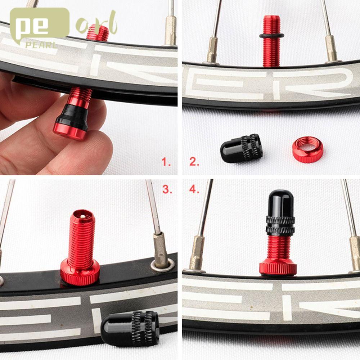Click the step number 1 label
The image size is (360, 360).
(166, 162)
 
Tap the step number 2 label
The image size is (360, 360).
(194, 162)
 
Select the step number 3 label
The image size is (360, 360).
(167, 190)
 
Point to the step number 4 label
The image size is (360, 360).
(194, 190)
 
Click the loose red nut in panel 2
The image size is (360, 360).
(307, 148)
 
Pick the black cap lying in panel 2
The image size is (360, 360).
(241, 148)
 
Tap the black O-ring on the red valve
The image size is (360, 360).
(271, 36)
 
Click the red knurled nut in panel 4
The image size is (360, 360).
(278, 267)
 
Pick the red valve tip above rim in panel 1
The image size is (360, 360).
(98, 33)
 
